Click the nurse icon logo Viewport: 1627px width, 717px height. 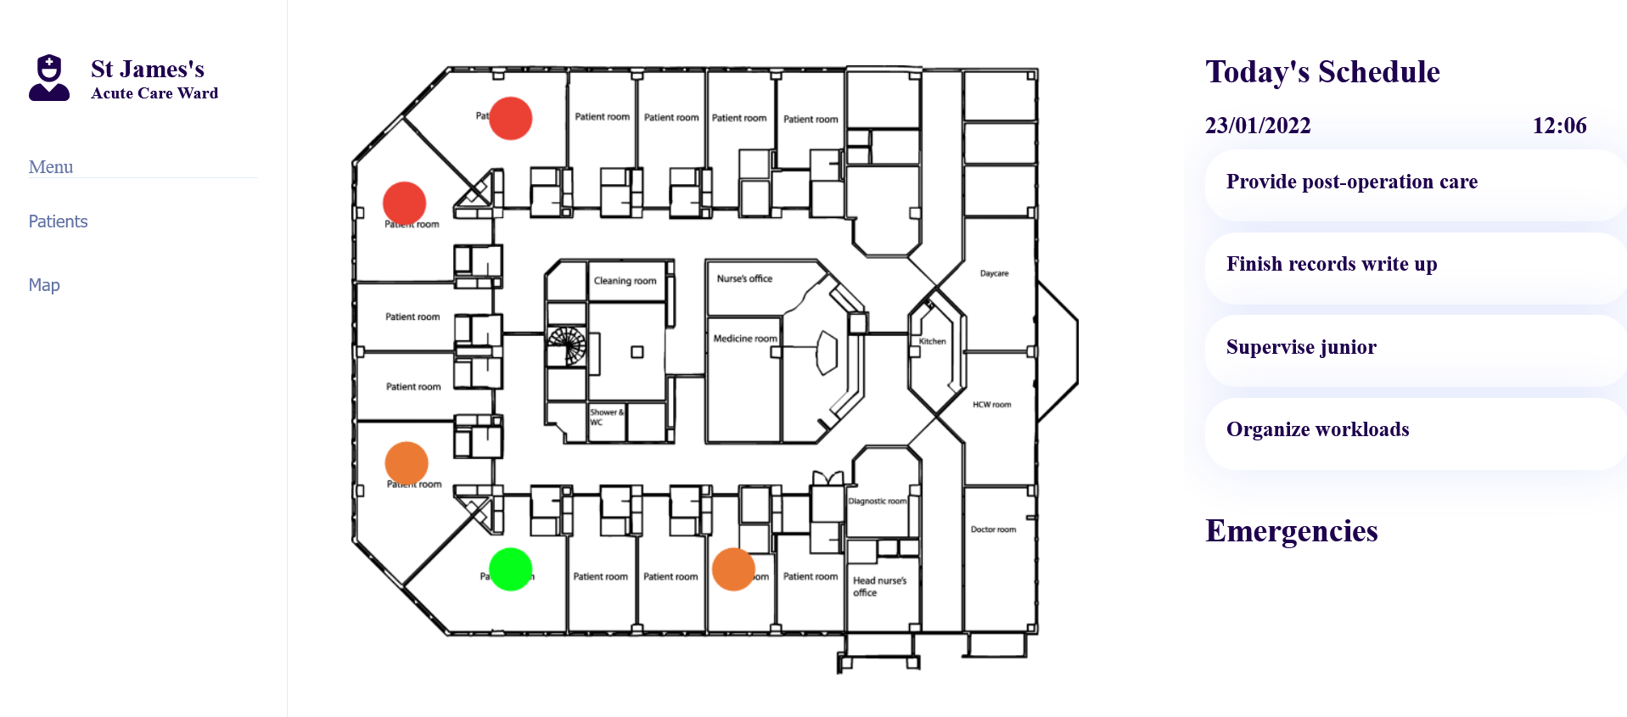click(49, 78)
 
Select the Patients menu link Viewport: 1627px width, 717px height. click(58, 221)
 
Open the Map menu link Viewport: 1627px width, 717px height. click(44, 285)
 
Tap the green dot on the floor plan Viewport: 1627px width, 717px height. click(511, 569)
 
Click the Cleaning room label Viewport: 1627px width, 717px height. click(625, 281)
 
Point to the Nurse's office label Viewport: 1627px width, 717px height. click(744, 278)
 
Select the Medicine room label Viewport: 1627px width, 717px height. click(744, 339)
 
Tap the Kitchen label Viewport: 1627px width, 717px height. click(932, 341)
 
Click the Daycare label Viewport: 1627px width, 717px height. click(994, 273)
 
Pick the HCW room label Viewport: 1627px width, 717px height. click(991, 405)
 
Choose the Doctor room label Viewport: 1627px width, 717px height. click(993, 529)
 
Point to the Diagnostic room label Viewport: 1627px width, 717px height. click(878, 501)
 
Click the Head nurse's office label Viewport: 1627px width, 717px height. click(879, 586)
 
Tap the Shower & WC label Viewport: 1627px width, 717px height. click(606, 417)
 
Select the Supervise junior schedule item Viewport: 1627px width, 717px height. click(1301, 347)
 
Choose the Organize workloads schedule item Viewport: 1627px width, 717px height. click(1317, 429)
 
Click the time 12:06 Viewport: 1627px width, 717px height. click(1559, 126)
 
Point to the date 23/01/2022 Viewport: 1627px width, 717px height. click(1258, 126)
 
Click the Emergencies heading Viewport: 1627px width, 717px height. click(1291, 531)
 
